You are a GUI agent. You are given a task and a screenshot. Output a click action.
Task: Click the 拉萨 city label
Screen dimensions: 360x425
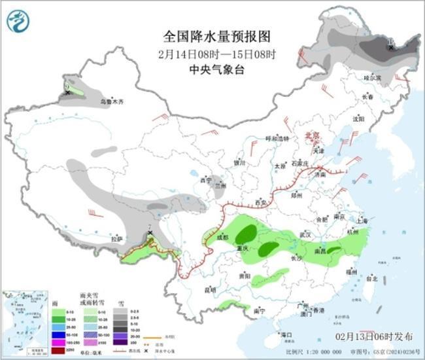tap(117, 239)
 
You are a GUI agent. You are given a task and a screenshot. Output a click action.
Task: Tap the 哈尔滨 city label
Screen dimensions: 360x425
tap(372, 77)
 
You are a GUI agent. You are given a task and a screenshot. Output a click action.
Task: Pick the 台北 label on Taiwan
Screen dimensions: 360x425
tap(371, 278)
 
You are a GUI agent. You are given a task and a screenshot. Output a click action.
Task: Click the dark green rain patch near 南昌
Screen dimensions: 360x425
tap(334, 250)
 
